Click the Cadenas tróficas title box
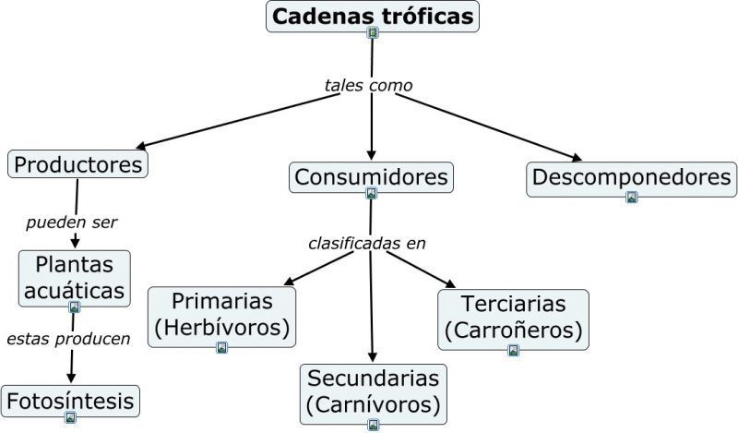click(x=373, y=17)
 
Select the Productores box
click(x=77, y=164)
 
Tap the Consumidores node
click(x=371, y=177)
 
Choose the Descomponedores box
click(x=631, y=179)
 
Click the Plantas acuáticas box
click(x=75, y=279)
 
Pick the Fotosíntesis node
click(x=70, y=401)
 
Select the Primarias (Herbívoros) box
click(x=221, y=317)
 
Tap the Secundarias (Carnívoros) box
click(x=374, y=394)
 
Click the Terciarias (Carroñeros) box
click(x=513, y=319)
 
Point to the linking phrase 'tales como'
click(x=368, y=85)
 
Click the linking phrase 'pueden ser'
click(x=72, y=222)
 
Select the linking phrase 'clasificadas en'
click(x=367, y=243)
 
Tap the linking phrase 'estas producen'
click(x=68, y=339)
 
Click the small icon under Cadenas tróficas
click(x=373, y=32)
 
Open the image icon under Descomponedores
click(x=632, y=197)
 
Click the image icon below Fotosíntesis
click(x=70, y=417)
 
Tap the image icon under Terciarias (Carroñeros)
click(x=514, y=350)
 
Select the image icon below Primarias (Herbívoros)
click(x=221, y=348)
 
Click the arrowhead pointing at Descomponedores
click(x=577, y=158)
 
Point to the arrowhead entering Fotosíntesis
click(x=71, y=378)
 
